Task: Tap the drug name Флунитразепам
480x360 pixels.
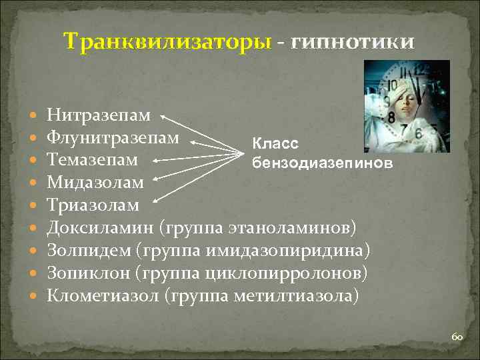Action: [113, 138]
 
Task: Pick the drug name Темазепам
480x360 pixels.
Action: [93, 160]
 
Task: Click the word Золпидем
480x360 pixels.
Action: [88, 251]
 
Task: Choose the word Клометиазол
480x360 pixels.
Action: [102, 295]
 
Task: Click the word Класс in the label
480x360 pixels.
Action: [275, 143]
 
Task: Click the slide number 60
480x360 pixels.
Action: [457, 338]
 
